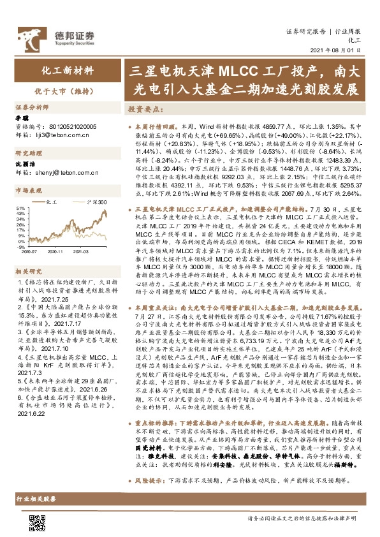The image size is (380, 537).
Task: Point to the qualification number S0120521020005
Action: coord(68,127)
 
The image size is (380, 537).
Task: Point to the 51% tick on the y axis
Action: coord(20,208)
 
